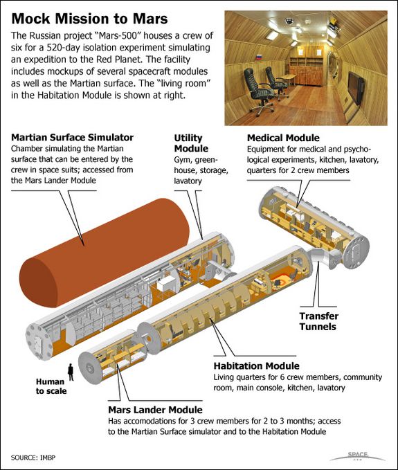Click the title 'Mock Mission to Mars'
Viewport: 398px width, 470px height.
[89, 19]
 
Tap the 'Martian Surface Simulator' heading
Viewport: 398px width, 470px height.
[72, 137]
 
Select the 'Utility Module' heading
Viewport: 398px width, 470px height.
[191, 143]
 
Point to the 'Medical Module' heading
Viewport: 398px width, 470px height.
[283, 138]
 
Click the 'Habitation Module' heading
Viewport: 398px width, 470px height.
[256, 365]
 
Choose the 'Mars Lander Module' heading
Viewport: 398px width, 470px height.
[155, 410]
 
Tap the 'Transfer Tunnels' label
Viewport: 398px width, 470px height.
[319, 321]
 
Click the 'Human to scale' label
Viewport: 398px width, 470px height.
[51, 386]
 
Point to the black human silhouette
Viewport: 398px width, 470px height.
[71, 372]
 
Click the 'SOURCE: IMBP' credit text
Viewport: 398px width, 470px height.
[33, 458]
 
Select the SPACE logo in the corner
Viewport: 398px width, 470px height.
[358, 456]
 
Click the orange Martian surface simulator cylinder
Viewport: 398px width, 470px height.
[105, 253]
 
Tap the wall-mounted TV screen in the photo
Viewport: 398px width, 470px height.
[356, 87]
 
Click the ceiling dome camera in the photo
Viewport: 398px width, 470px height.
[289, 21]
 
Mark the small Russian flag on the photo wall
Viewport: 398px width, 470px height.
[259, 57]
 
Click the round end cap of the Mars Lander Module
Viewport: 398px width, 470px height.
[89, 368]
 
